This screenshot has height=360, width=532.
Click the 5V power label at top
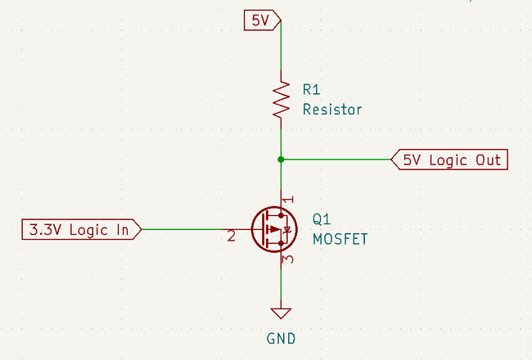tap(262, 19)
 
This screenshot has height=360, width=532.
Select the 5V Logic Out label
tap(450, 160)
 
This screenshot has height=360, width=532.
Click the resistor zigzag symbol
tap(282, 101)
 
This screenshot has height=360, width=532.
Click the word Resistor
tap(331, 109)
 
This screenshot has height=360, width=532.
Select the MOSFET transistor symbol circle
tap(273, 230)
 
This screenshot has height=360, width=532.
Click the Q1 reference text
tap(322, 220)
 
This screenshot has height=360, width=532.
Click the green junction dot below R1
tap(282, 160)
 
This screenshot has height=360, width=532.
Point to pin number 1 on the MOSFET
tap(286, 200)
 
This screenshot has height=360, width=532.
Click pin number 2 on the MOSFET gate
tap(232, 237)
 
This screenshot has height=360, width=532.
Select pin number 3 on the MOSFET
tap(287, 260)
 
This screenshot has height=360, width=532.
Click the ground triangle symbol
tap(282, 313)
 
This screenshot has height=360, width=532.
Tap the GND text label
tap(281, 338)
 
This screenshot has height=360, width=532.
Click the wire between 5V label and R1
tap(282, 49)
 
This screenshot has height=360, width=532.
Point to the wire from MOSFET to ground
tap(282, 286)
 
